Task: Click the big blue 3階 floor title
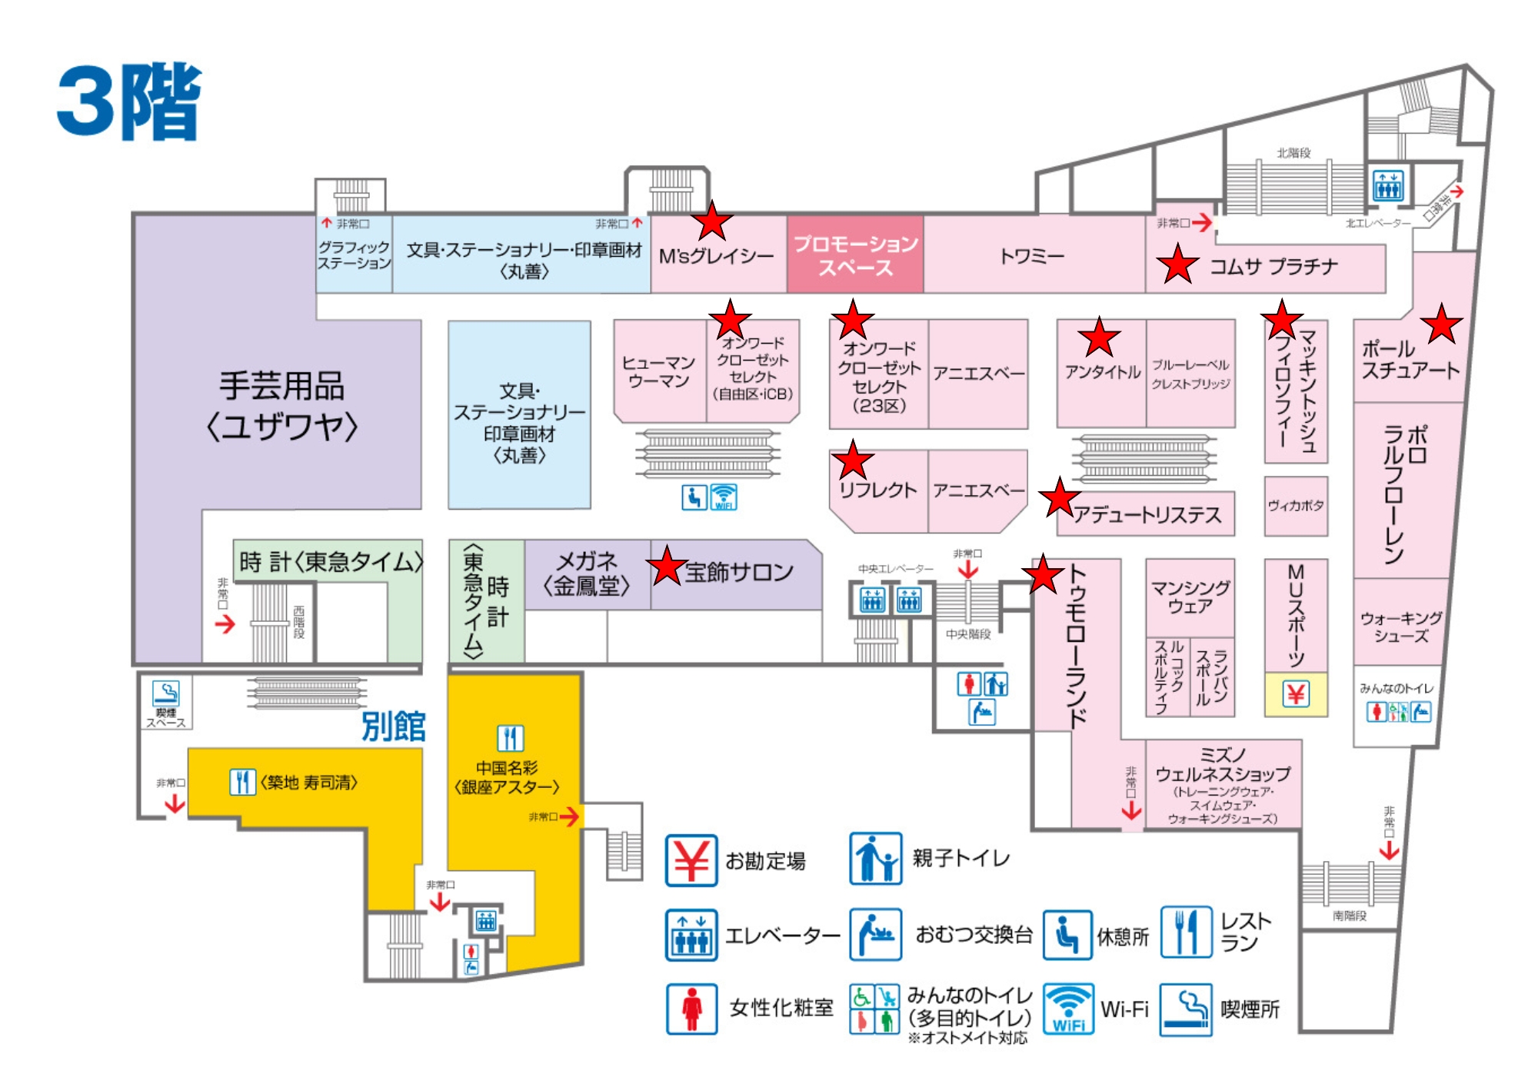tap(129, 101)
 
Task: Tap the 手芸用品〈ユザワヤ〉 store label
tap(281, 406)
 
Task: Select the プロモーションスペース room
tap(855, 255)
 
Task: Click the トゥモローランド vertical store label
tap(1077, 646)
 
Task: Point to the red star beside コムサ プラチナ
tap(1177, 264)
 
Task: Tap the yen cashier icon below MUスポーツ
tap(1296, 695)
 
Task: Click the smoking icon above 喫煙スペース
tap(165, 693)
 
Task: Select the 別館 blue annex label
tap(393, 726)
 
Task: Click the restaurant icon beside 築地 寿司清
tap(242, 782)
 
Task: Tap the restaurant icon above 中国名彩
tap(510, 738)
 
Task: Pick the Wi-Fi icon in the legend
tap(1068, 1009)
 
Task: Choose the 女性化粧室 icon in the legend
tap(691, 1009)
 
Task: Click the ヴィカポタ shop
tap(1296, 506)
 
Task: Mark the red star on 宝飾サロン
tap(667, 567)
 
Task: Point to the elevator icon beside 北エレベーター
tap(1388, 185)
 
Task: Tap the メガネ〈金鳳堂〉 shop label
tap(587, 573)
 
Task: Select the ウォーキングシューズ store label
tap(1400, 627)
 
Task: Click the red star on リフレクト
tap(853, 461)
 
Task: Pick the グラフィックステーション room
tap(354, 255)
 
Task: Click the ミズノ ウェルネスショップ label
tap(1223, 784)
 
